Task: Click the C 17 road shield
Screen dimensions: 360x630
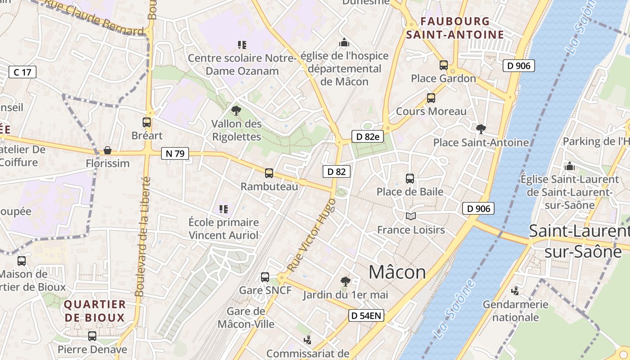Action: [22, 72]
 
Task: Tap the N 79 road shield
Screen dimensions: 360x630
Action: [175, 153]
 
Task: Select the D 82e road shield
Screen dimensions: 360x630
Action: [367, 136]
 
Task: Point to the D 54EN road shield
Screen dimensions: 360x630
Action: [366, 315]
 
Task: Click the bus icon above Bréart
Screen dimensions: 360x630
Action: [147, 122]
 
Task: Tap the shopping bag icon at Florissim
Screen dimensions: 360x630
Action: [108, 150]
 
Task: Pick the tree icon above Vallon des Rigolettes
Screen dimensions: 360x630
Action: [236, 111]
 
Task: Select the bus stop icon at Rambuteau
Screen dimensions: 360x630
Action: [269, 173]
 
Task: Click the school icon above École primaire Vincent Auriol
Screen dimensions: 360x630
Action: [224, 209]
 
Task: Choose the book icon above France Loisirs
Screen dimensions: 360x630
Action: [410, 216]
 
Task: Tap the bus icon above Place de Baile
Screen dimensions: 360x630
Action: [410, 178]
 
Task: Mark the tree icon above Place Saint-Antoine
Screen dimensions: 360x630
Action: [481, 129]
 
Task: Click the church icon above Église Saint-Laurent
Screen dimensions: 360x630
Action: [570, 166]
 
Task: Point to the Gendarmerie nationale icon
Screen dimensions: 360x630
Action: [515, 291]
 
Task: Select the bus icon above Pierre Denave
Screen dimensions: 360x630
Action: [92, 336]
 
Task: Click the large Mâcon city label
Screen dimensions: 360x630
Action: [397, 272]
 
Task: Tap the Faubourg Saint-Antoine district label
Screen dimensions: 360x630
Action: [455, 28]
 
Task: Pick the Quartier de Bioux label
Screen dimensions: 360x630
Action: [94, 311]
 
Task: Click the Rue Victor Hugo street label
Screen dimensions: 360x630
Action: [312, 235]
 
